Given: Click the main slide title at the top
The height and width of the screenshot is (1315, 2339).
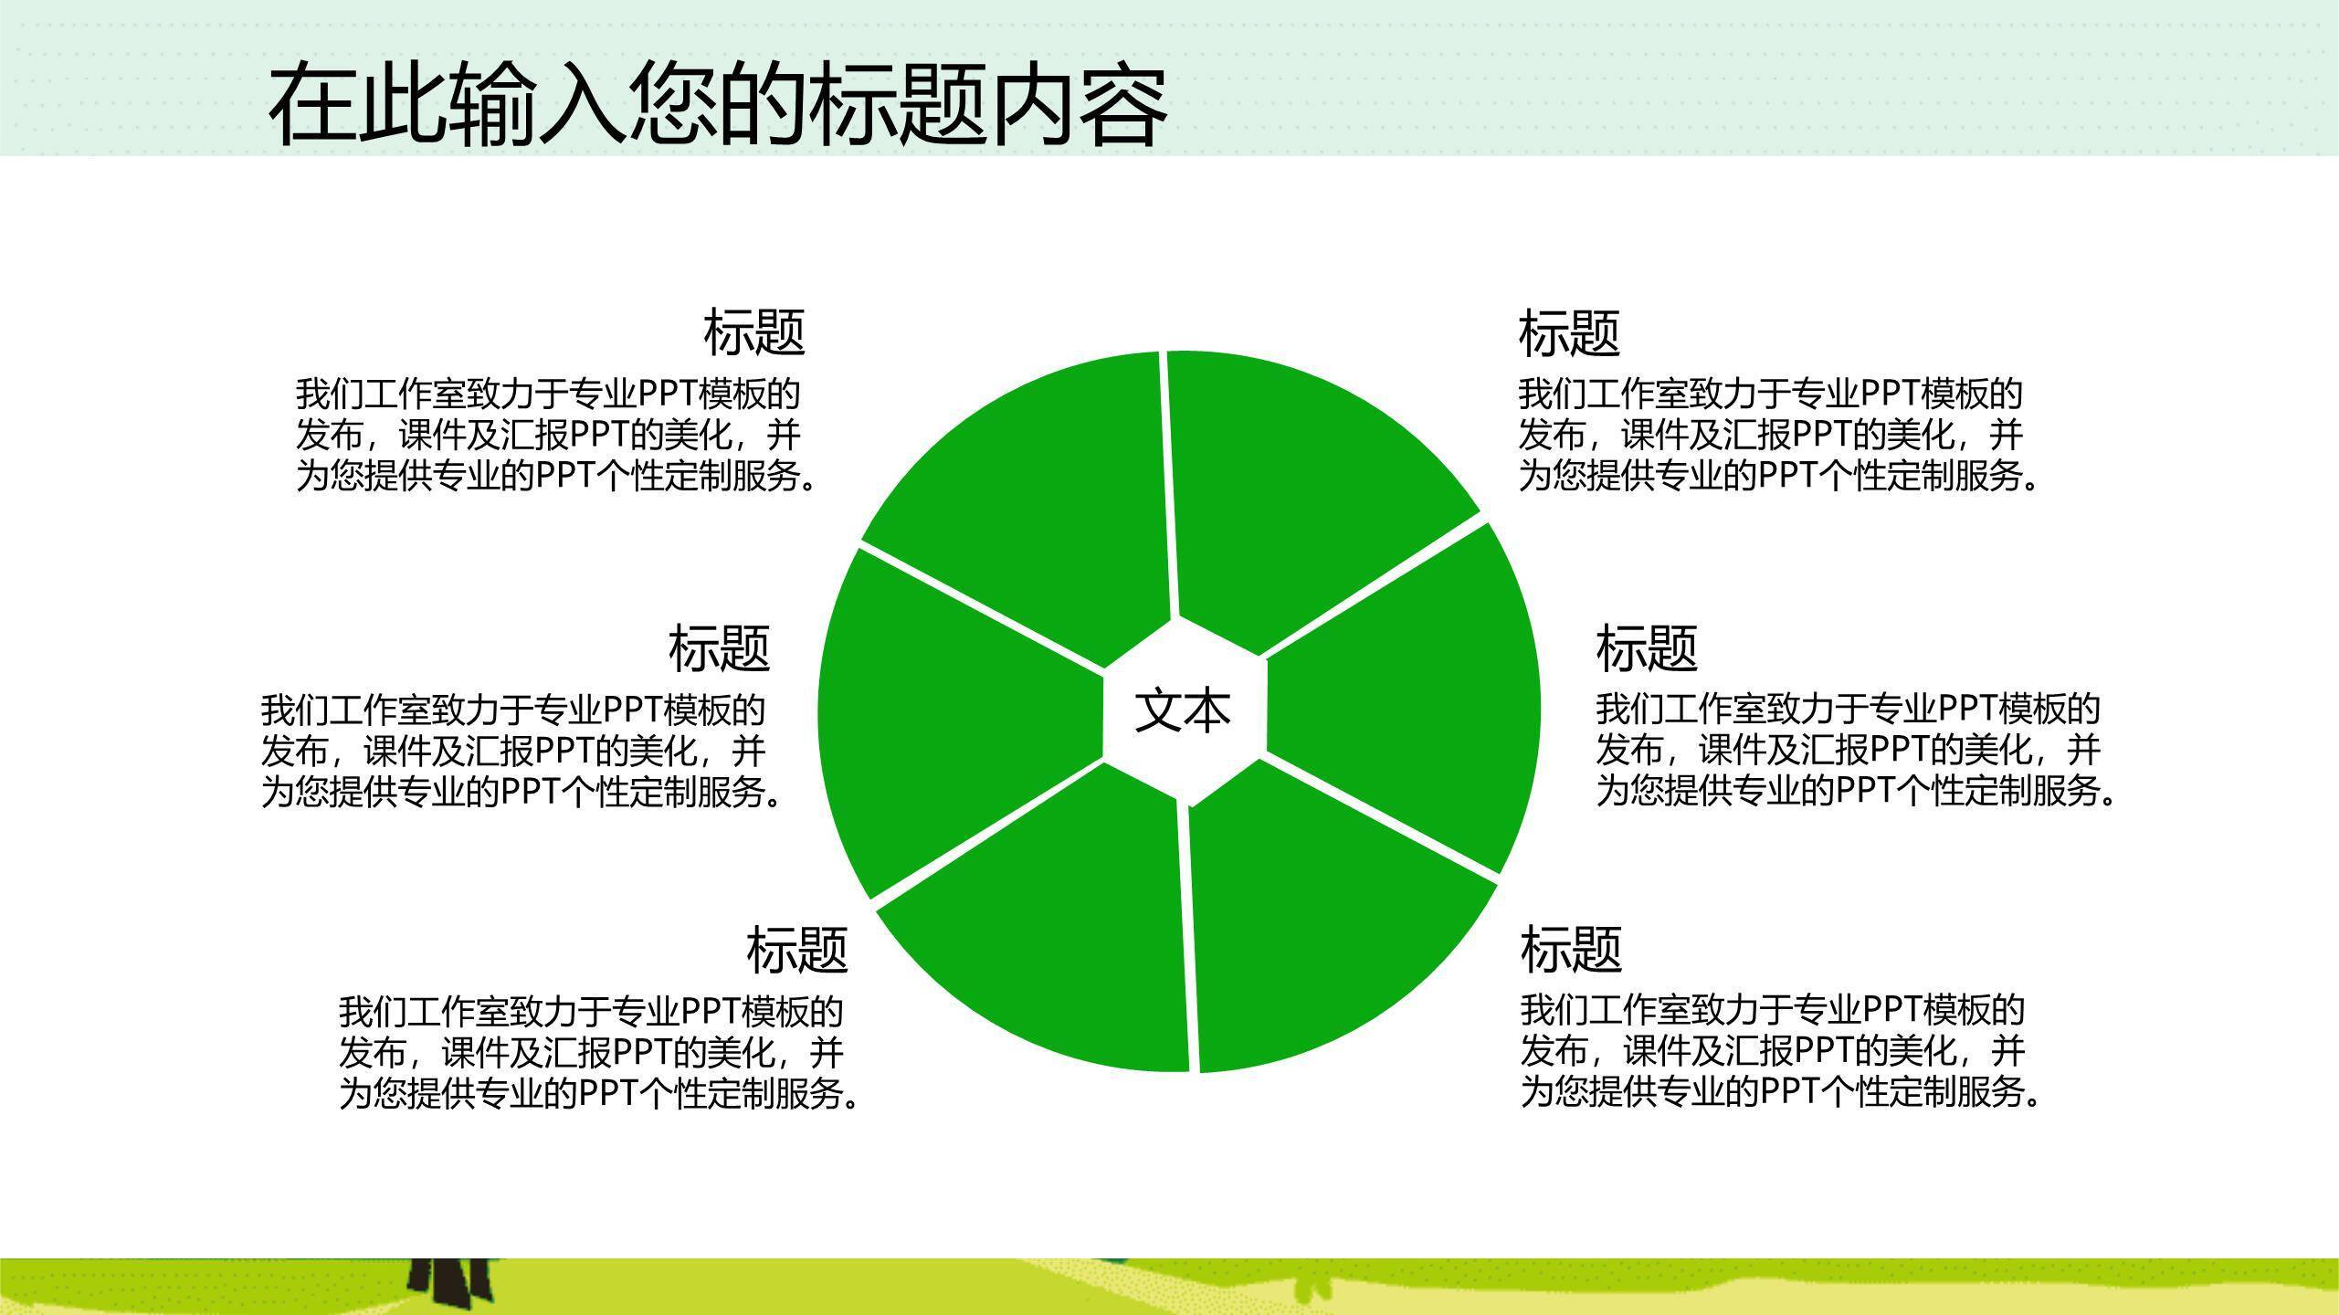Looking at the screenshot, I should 718,105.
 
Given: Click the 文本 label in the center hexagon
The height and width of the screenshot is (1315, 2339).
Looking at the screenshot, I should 1183,711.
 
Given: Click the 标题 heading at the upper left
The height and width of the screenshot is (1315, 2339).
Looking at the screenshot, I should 753,332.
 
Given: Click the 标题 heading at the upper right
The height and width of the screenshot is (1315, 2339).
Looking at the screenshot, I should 1569,332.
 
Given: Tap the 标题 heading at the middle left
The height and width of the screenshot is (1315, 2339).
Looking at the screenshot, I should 719,647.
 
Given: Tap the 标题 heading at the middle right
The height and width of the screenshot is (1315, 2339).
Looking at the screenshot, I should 1647,647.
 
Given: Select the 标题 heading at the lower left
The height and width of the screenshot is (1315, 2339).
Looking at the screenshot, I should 797,949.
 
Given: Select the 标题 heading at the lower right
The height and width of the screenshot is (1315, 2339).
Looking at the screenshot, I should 1571,949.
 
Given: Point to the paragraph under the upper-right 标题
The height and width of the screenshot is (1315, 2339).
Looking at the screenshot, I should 1776,435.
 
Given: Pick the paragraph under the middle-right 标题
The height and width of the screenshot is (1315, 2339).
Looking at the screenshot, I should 1854,750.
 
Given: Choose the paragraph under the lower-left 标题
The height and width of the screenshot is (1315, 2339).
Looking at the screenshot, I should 598,1052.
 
